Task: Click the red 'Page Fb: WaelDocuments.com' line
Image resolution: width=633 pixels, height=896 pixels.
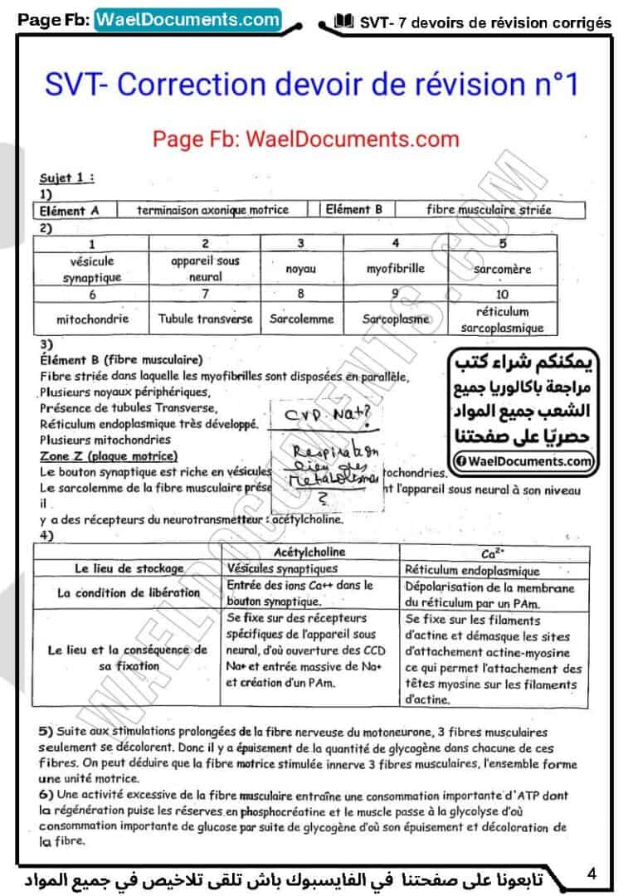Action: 305,138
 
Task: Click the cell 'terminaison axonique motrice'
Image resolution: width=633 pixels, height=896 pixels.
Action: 213,210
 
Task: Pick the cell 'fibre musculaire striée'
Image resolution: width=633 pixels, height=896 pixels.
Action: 489,210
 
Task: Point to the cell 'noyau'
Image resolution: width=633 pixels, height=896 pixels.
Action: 300,270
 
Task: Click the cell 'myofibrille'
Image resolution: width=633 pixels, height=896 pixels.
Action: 396,269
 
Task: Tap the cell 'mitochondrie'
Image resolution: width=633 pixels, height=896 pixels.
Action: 92,319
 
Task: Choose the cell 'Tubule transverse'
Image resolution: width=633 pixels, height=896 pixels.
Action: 205,319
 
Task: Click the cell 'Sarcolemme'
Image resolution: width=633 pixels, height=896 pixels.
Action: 301,319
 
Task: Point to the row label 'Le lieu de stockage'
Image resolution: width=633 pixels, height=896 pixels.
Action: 129,569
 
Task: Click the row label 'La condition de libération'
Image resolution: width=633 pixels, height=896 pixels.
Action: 129,593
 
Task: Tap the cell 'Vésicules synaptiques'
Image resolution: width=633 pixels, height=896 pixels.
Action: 282,569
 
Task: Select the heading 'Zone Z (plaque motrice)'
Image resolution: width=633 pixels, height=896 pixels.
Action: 108,456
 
